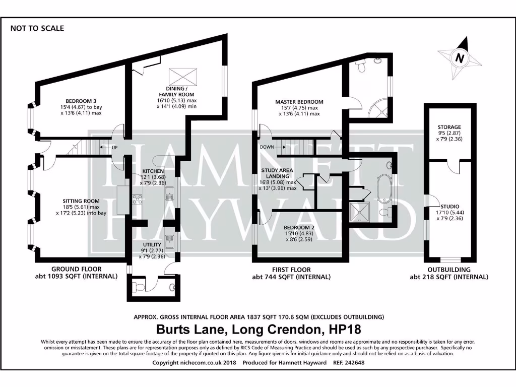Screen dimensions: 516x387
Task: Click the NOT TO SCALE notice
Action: pos(37,28)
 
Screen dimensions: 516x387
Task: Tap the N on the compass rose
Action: pos(459,58)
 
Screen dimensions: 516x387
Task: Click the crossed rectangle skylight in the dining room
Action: pos(183,77)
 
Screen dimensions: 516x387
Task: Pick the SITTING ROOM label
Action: pos(82,201)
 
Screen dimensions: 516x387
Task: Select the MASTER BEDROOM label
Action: pos(299,102)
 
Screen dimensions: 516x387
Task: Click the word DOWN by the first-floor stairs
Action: pos(268,147)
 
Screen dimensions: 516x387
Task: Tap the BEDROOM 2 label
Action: pos(299,227)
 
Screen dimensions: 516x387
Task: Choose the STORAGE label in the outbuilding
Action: pos(449,127)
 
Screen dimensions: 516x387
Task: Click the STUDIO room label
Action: pos(449,207)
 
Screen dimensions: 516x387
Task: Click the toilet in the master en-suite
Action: pos(361,66)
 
